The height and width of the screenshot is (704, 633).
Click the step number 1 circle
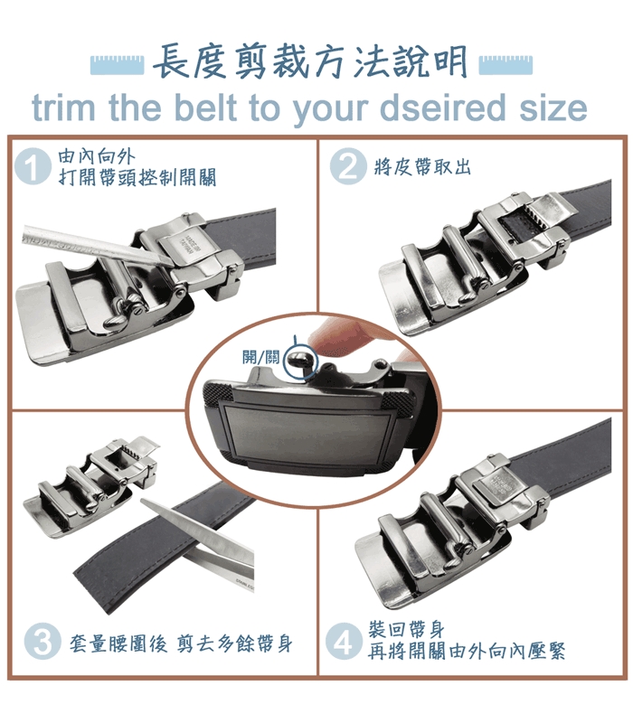pos(32,166)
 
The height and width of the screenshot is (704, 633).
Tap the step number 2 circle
pos(348,166)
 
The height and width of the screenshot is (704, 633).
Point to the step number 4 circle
pos(344,641)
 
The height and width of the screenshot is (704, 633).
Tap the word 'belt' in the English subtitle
pos(205,108)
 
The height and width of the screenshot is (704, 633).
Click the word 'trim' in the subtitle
pos(64,108)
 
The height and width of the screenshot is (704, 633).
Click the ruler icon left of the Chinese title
pos(117,65)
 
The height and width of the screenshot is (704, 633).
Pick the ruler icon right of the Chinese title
pos(505,65)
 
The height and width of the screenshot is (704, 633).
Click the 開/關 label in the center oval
pos(260,357)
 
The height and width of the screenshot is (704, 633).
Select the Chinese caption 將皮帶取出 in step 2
pos(421,167)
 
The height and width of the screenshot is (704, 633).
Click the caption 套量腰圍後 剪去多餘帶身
pos(181,643)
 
